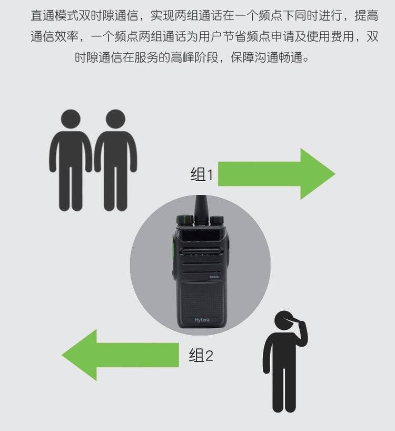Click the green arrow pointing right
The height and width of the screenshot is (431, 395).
[x=276, y=174]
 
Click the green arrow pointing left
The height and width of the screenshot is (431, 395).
[x=120, y=355]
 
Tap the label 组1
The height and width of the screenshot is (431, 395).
[x=202, y=174]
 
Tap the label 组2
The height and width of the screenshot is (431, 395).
[x=201, y=355]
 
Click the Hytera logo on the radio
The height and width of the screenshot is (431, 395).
[x=202, y=320]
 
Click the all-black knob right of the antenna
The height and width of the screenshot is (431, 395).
[x=216, y=220]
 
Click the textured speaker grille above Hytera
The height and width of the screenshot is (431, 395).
[x=202, y=300]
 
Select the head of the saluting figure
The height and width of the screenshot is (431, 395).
[x=284, y=320]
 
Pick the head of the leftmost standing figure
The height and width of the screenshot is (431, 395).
[x=71, y=119]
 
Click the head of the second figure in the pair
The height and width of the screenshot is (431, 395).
[x=115, y=119]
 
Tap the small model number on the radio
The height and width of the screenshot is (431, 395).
[x=214, y=277]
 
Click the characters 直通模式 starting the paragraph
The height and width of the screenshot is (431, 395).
[x=55, y=15]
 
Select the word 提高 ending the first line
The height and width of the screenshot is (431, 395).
[x=367, y=15]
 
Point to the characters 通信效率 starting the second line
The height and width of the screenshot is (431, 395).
[x=55, y=36]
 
